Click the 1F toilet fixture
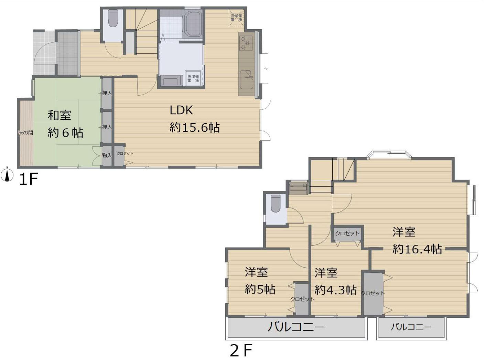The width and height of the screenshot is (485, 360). click(113, 18)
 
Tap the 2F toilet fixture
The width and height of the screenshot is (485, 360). click(276, 203)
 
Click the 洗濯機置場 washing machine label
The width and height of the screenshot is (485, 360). click(193, 78)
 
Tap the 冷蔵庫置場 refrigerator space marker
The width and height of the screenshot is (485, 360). click(236, 18)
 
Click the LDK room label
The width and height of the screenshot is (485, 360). click(181, 110)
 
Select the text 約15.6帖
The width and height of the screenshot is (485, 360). click(195, 128)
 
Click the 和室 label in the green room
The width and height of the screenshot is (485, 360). click(59, 115)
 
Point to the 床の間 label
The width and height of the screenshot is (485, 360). click(25, 132)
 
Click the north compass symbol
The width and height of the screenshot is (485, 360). click(7, 175)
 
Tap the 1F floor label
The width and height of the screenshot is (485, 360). click(28, 179)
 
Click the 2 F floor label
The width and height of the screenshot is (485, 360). click(241, 351)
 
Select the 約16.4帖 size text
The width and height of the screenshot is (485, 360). click(417, 249)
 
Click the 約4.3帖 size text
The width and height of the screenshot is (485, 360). click(335, 290)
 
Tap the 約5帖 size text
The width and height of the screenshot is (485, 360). click(260, 289)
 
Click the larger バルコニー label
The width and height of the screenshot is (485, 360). click(296, 327)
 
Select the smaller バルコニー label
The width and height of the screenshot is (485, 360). click(411, 327)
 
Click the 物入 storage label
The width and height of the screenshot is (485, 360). click(107, 155)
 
